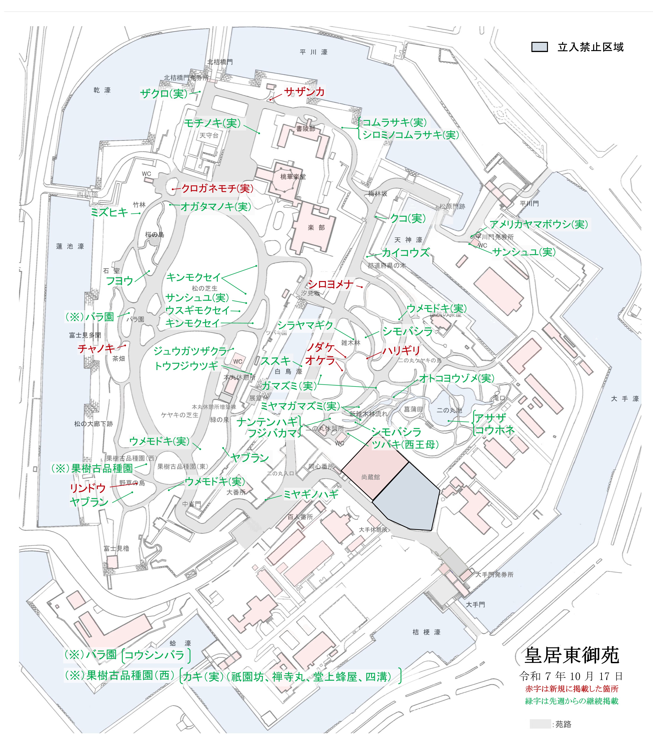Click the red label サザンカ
[x=304, y=92]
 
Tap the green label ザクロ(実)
[x=164, y=94]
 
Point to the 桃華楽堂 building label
[x=293, y=177]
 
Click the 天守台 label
[x=209, y=135]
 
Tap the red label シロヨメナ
[x=330, y=284]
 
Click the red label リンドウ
[x=88, y=488]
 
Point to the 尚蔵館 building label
[x=370, y=477]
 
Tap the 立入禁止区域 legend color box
[x=539, y=47]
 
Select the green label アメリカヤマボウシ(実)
[x=538, y=224]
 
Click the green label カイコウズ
[x=406, y=252]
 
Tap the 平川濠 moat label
[x=314, y=52]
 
